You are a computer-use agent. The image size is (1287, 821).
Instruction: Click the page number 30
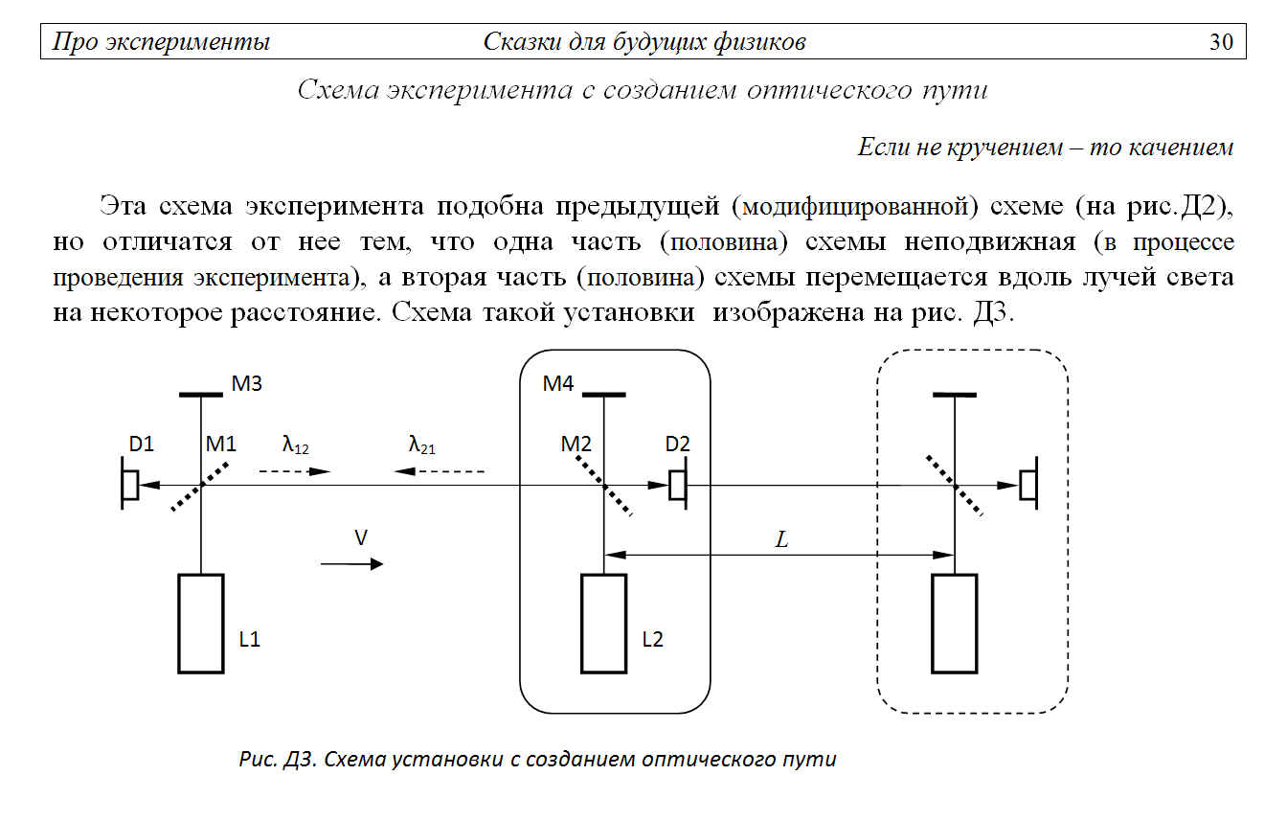coord(1221,42)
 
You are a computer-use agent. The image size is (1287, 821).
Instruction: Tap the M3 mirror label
coord(246,383)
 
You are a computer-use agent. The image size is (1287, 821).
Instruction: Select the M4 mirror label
coord(558,383)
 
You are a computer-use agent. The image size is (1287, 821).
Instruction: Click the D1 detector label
coord(142,444)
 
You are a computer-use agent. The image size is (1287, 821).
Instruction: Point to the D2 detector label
coord(677,444)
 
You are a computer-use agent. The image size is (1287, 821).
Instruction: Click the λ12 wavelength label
coord(295,445)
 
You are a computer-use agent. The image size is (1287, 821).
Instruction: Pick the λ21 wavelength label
coord(421,445)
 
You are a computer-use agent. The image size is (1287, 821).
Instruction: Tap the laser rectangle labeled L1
coord(201,624)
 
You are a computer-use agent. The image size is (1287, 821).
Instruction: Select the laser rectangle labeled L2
coord(604,624)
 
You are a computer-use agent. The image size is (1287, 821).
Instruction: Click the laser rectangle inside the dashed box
coord(955,624)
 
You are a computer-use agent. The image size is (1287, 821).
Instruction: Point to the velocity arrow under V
coord(351,564)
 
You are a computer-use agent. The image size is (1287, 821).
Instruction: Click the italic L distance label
coord(782,539)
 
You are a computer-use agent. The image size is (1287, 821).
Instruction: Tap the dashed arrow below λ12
coord(295,471)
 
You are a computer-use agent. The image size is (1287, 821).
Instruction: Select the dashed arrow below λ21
coord(439,471)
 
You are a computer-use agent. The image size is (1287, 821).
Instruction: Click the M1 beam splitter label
coord(221,444)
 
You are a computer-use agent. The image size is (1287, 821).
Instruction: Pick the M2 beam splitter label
coord(576,444)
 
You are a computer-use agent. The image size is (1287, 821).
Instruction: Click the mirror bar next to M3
coord(201,395)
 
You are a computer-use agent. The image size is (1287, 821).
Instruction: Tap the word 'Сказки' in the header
coord(522,42)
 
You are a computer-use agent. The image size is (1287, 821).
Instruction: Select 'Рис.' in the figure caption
coord(258,760)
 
